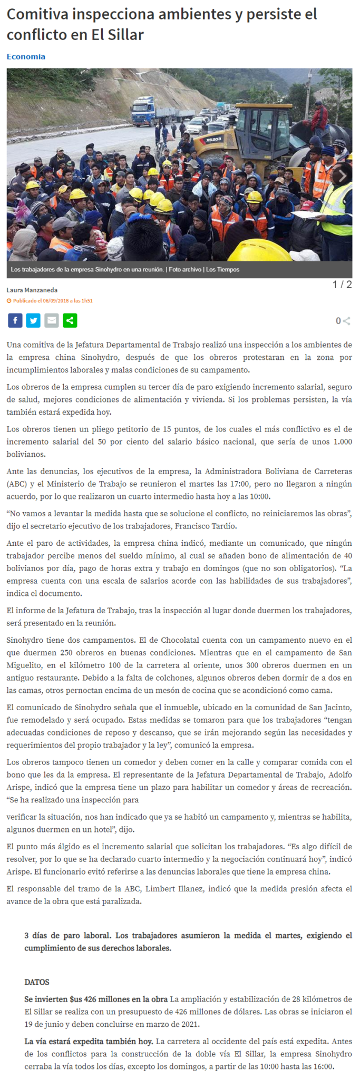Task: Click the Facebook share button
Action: [15, 320]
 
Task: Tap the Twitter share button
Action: [33, 320]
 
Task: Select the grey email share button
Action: [52, 320]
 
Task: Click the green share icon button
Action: [70, 320]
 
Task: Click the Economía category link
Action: [26, 56]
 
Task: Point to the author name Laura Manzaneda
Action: [32, 290]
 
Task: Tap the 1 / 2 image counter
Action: [342, 285]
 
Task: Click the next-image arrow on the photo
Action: [342, 175]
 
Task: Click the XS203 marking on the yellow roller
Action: [213, 139]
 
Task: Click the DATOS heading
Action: [37, 982]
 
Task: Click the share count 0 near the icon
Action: [338, 320]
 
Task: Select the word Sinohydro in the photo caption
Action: [111, 269]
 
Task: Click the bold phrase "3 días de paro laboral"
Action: [67, 936]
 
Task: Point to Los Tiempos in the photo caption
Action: [222, 269]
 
